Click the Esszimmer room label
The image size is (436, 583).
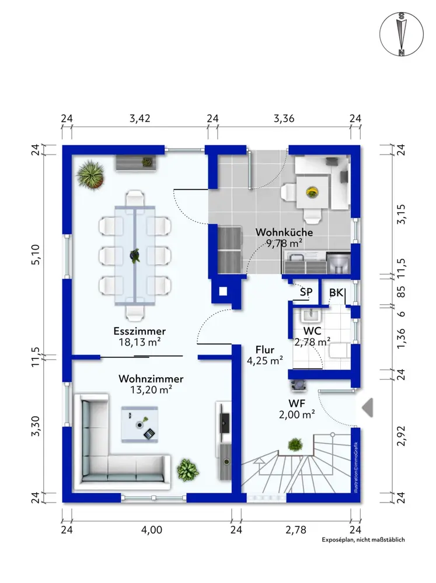click(x=139, y=331)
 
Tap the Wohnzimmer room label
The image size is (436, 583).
click(x=151, y=379)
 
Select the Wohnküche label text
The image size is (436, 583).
click(x=284, y=233)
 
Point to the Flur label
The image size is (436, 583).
click(x=265, y=350)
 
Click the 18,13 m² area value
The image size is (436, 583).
click(x=139, y=342)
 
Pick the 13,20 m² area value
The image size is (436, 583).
click(x=151, y=389)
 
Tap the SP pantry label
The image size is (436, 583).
click(x=306, y=292)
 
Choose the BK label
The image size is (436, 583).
click(x=336, y=293)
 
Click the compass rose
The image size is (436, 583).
click(x=402, y=34)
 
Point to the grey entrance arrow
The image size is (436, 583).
click(x=368, y=408)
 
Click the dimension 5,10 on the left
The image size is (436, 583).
click(x=36, y=255)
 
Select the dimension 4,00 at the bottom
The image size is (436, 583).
click(x=152, y=529)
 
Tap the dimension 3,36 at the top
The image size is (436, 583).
click(x=284, y=118)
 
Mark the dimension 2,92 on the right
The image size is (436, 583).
click(x=402, y=436)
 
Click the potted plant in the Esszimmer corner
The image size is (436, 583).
click(x=90, y=174)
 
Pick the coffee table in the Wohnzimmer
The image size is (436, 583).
click(x=139, y=424)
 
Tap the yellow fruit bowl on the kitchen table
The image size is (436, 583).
click(x=312, y=192)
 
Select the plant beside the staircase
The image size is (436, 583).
click(x=295, y=444)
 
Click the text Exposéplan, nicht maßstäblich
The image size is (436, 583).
click(x=363, y=539)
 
